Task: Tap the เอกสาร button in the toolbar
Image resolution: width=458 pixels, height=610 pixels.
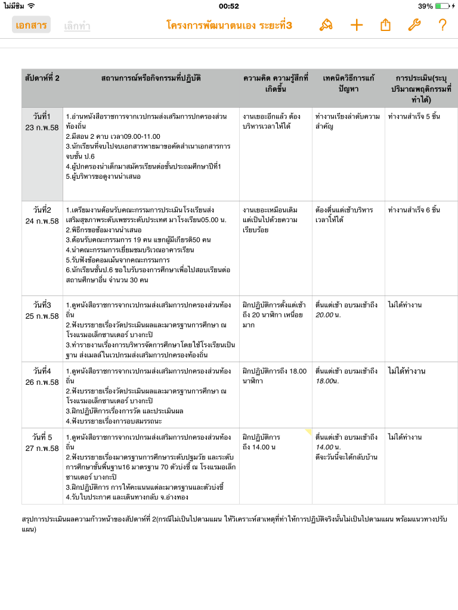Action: [x=31, y=25]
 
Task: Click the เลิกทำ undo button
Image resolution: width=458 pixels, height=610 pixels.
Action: [x=77, y=26]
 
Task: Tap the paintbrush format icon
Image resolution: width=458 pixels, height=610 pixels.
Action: [x=326, y=25]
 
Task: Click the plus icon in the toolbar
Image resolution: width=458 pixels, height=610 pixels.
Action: [x=356, y=25]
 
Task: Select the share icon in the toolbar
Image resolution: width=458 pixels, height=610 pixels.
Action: [x=385, y=25]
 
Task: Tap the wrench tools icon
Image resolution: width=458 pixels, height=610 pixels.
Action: [x=414, y=25]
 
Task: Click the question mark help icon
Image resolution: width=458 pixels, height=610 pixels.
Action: [x=442, y=25]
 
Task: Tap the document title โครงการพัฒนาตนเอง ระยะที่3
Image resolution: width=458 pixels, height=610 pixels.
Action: [x=229, y=25]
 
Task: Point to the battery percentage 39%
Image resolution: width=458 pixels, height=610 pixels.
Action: [x=425, y=6]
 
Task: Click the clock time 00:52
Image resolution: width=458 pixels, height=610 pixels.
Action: [x=229, y=6]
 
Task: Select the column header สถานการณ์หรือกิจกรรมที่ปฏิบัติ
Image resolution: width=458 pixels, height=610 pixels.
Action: [x=151, y=78]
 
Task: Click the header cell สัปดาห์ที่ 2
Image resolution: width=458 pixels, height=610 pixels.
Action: [x=42, y=78]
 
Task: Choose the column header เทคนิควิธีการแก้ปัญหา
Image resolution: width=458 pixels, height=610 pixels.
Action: [x=348, y=83]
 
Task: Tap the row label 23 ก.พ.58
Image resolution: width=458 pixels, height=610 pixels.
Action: [x=42, y=127]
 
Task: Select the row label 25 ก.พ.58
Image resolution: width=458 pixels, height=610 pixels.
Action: [x=42, y=316]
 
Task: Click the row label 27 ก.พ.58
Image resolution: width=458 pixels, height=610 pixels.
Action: [x=42, y=448]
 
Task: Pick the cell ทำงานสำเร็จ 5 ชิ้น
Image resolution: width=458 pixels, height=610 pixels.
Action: [x=414, y=116]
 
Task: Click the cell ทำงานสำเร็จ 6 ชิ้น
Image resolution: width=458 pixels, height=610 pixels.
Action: [x=414, y=210]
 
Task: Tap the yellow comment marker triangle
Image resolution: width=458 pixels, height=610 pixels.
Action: [x=308, y=431]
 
